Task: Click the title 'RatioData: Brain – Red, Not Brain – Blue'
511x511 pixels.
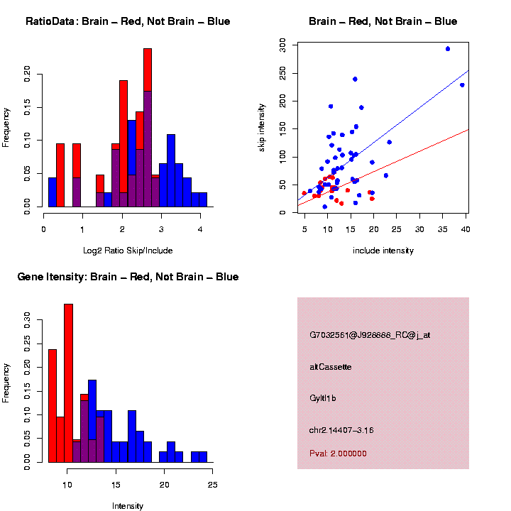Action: pyautogui.click(x=128, y=21)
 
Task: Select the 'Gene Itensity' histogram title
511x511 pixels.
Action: pyautogui.click(x=128, y=277)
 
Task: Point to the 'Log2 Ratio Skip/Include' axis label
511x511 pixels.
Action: pyautogui.click(x=128, y=251)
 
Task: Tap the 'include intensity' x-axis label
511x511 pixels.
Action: pyautogui.click(x=383, y=251)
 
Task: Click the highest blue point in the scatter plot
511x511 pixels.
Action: pyautogui.click(x=448, y=49)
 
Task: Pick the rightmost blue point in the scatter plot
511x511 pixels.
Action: pyautogui.click(x=462, y=85)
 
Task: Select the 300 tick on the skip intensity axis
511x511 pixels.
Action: pyautogui.click(x=282, y=46)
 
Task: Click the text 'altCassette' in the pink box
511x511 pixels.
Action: pyautogui.click(x=330, y=367)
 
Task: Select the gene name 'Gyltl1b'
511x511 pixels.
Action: pyautogui.click(x=323, y=398)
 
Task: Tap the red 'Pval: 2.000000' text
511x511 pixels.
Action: pyautogui.click(x=338, y=454)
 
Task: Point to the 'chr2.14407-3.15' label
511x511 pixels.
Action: pyautogui.click(x=341, y=430)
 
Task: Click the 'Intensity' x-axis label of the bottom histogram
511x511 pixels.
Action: pyautogui.click(x=128, y=506)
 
